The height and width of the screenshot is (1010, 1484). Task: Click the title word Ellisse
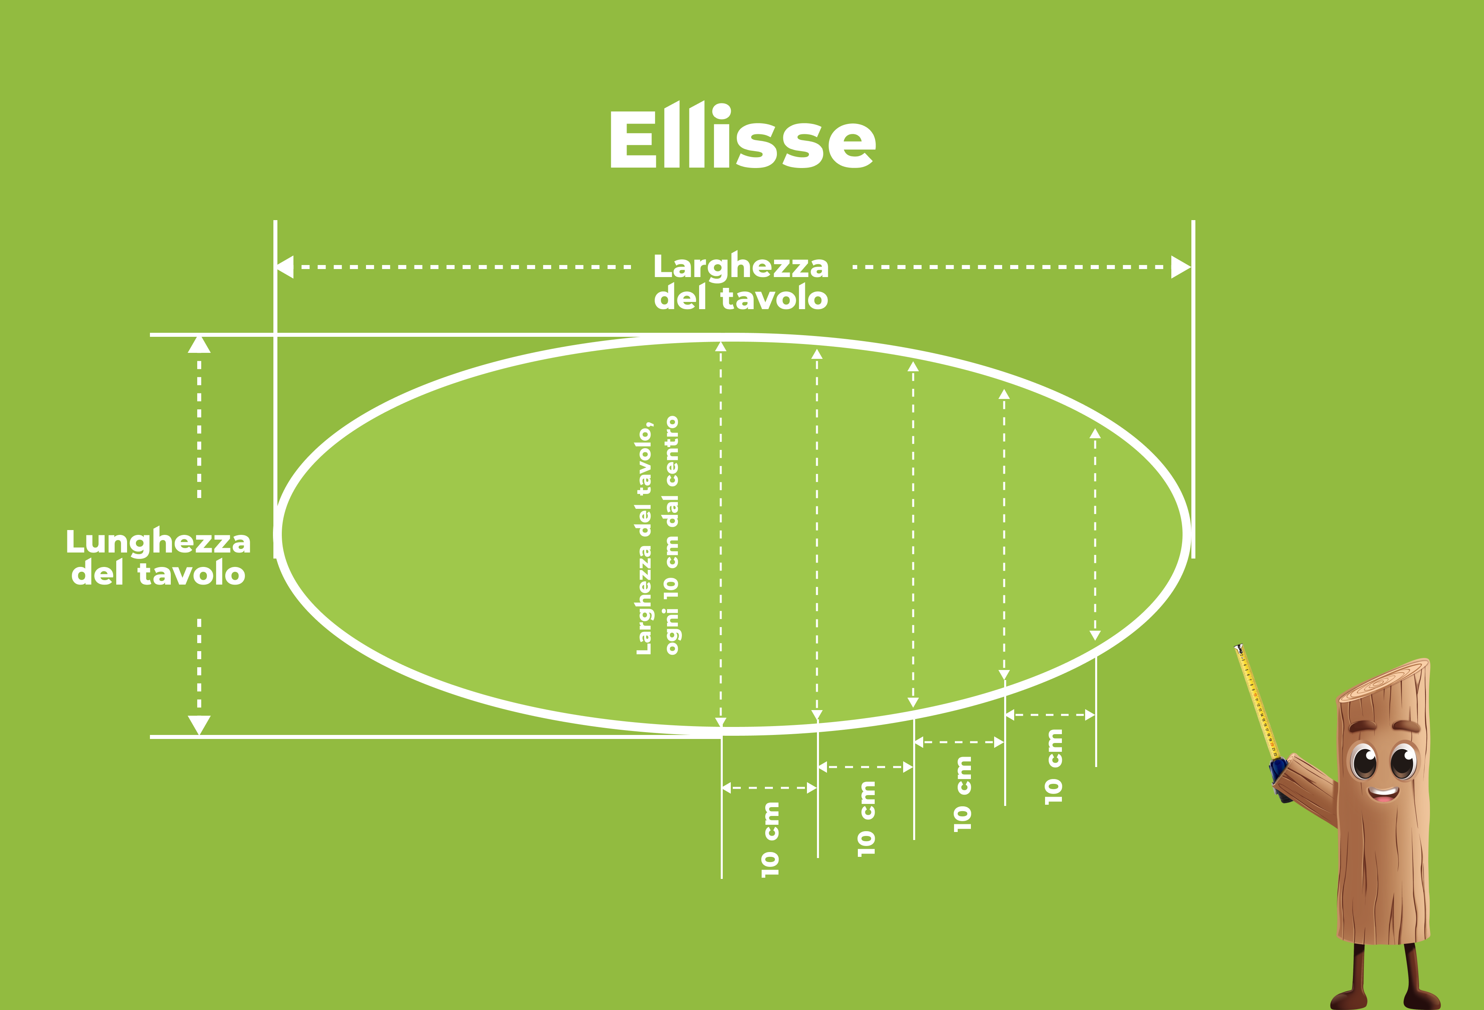click(743, 136)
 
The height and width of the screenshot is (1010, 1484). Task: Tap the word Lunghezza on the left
click(158, 543)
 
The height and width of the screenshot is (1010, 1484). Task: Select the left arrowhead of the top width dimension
click(285, 267)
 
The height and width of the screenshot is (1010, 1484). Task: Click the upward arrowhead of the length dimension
click(199, 344)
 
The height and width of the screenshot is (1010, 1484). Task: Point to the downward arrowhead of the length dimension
click(199, 725)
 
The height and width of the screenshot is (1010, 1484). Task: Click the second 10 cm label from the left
click(866, 818)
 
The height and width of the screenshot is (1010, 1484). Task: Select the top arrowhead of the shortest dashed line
click(1095, 433)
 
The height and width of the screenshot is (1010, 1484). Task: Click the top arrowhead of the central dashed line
click(721, 346)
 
